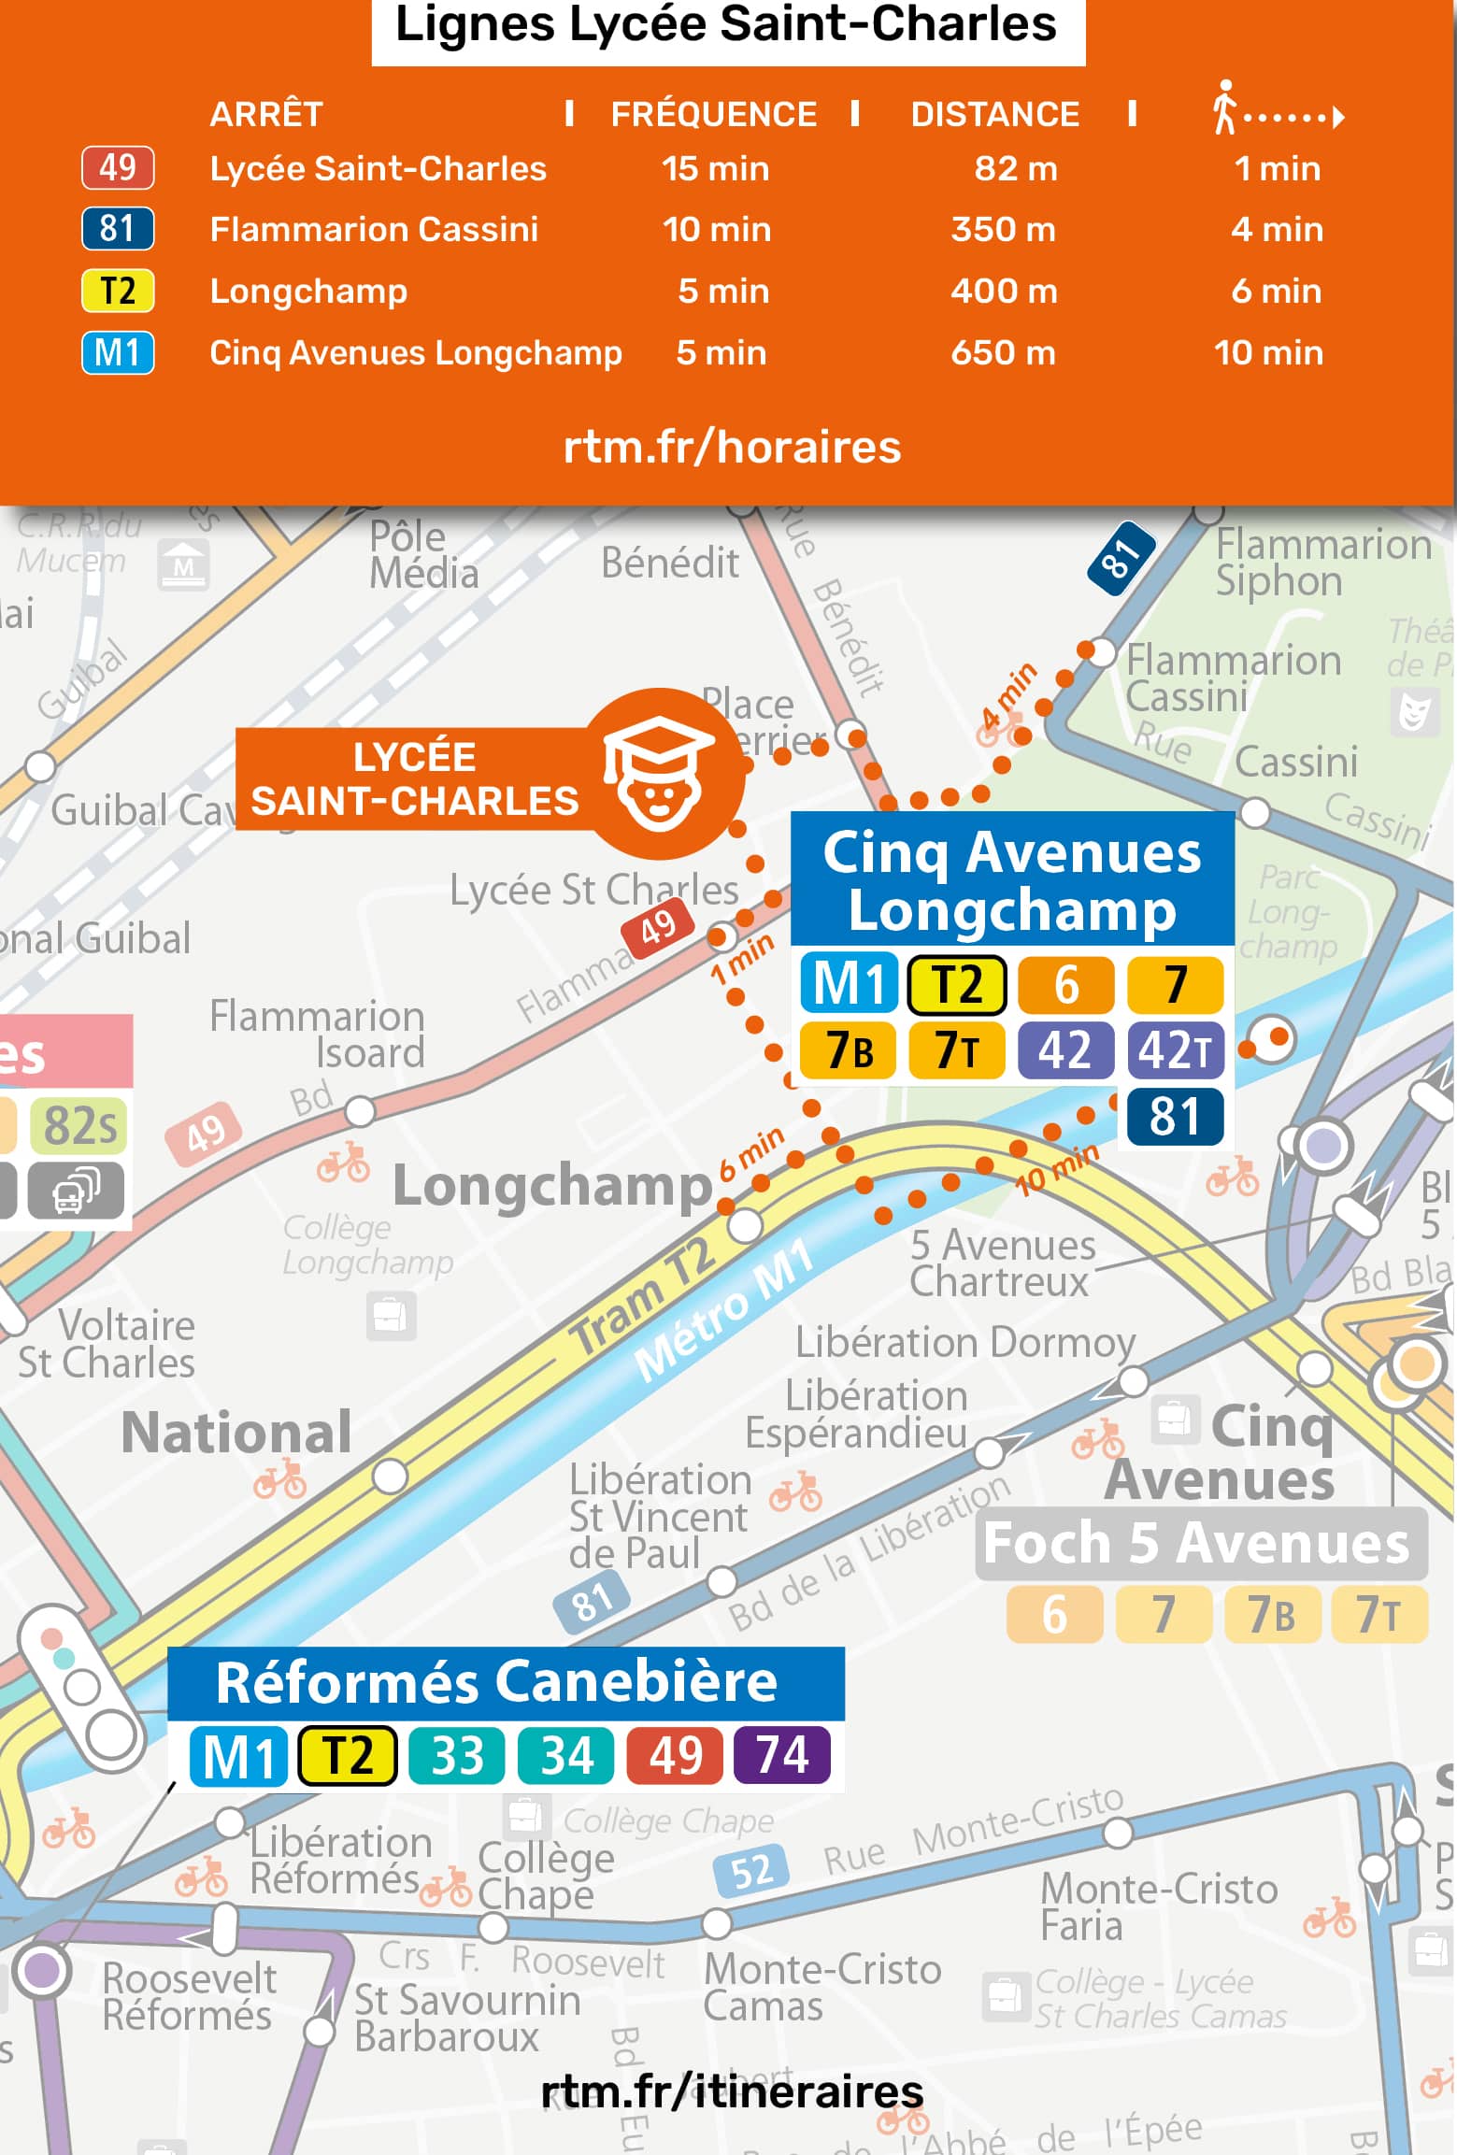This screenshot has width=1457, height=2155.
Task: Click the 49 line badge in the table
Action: (118, 168)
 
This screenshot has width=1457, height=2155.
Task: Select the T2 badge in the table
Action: (118, 291)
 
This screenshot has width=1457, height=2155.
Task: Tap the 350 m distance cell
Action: (1003, 230)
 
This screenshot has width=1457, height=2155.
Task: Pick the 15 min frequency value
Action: (715, 169)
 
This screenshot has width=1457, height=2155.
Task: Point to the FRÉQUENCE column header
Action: (713, 115)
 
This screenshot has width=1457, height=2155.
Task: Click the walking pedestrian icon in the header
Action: (1224, 107)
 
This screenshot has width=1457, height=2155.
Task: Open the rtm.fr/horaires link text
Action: (732, 448)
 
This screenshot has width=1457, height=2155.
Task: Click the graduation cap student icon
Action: (660, 773)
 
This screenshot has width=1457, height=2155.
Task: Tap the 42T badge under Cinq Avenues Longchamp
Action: (1175, 1049)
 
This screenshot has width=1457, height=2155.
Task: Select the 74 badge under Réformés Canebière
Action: (782, 1755)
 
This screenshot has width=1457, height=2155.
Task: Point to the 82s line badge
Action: (79, 1125)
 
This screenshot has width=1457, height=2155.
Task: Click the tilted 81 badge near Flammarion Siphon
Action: (1121, 559)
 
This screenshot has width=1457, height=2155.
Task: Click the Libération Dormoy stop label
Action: (964, 1343)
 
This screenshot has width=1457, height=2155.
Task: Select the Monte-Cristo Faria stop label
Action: (1159, 1906)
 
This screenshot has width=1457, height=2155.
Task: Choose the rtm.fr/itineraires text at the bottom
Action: (732, 2092)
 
